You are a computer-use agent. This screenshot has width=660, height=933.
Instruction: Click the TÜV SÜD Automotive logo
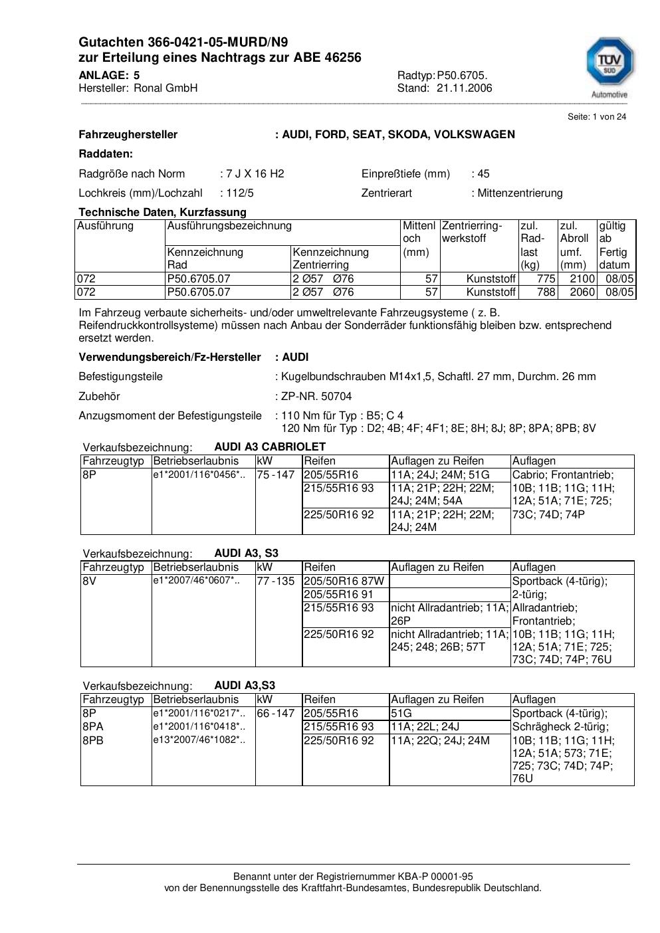[609, 67]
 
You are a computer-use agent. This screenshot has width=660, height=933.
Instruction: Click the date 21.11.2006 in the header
[464, 88]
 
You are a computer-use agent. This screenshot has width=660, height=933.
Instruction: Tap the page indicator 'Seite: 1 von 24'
[596, 117]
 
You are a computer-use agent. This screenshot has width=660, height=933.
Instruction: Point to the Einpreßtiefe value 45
[483, 174]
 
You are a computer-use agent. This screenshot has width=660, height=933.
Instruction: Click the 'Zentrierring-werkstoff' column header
[472, 232]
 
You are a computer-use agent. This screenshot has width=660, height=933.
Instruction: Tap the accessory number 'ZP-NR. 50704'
[316, 396]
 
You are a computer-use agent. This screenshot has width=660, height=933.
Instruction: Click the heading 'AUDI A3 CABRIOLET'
[270, 447]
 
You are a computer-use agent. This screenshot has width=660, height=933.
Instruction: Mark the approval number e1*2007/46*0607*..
[196, 581]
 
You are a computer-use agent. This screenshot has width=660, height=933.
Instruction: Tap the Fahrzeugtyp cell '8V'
[90, 581]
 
